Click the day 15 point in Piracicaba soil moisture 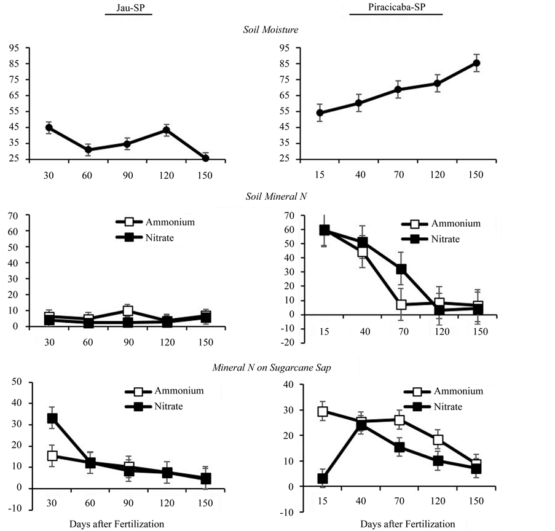320,113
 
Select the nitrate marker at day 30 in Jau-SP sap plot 52,419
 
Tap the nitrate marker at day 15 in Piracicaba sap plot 321,479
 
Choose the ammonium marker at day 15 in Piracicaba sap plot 321,411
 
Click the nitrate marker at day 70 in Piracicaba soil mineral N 401,269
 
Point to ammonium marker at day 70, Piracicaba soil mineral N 401,305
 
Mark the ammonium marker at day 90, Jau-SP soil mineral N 128,311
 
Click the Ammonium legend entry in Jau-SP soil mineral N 154,222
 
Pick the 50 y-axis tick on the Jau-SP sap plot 17,382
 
